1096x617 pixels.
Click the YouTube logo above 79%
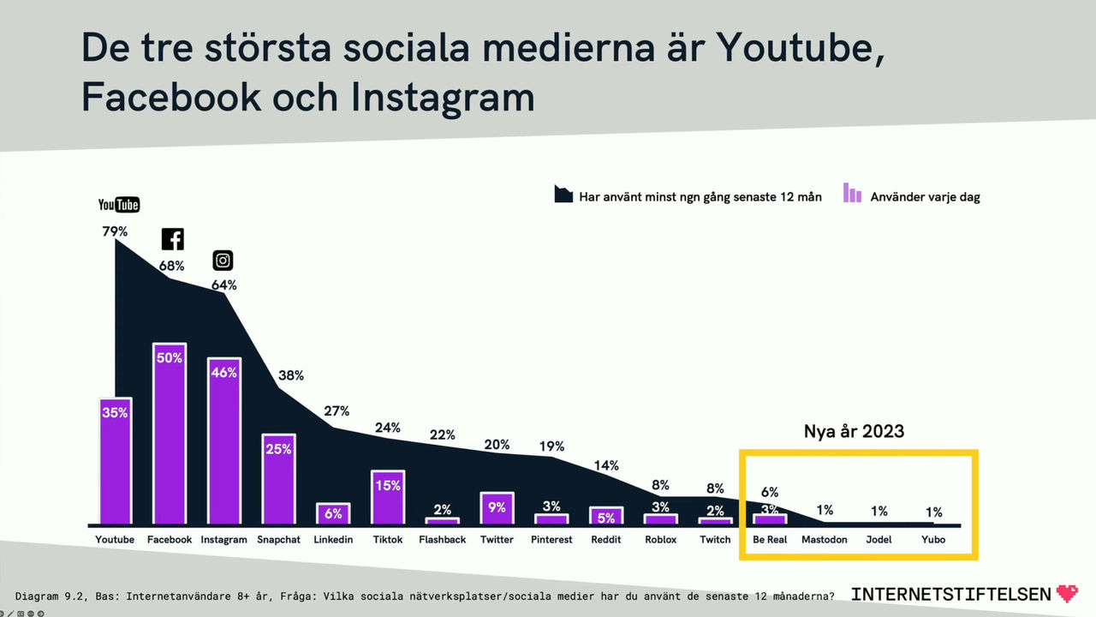[118, 205]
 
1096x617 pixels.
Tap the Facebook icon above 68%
[173, 239]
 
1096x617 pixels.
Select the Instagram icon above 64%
[223, 261]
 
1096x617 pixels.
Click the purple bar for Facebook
[170, 434]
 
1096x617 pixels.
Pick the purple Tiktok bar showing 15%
[388, 497]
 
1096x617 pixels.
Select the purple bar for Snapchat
[278, 479]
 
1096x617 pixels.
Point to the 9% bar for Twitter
[497, 508]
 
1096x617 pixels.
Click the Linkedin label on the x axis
[333, 540]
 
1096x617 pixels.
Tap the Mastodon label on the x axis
[824, 540]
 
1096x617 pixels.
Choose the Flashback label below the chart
[443, 540]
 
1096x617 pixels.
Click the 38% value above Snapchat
[291, 375]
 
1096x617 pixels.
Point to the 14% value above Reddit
[605, 465]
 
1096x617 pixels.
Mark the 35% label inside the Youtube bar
[115, 412]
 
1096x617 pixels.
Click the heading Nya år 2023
[854, 431]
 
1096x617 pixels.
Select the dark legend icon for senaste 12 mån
[563, 194]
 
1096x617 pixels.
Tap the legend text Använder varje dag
[925, 197]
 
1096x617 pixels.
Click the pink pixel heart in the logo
[1067, 593]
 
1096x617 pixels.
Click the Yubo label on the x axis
[933, 540]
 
